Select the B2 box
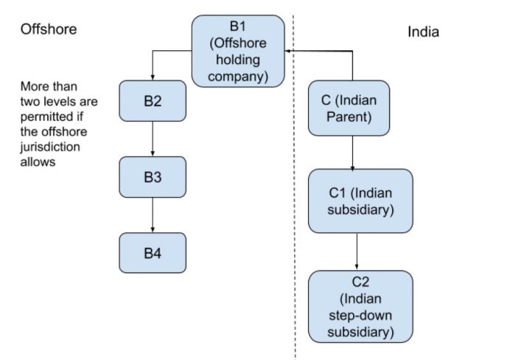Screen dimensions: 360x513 pos(153,103)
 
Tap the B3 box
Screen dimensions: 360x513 pos(153,178)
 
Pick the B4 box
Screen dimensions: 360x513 pos(153,253)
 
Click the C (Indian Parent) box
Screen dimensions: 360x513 pos(349,108)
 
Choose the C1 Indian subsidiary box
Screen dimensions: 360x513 pos(360,201)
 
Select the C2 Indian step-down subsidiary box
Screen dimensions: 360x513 pos(360,306)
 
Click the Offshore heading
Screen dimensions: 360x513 pos(49,30)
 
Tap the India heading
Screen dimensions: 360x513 pos(423,32)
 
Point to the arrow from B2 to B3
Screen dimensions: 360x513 pos(153,139)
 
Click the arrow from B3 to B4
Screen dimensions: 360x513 pos(153,215)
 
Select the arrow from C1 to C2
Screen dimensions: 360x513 pos(357,252)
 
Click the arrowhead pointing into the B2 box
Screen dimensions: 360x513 pos(153,77)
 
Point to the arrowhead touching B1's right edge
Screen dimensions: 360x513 pos(289,51)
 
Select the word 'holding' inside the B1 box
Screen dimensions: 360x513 pos(238,59)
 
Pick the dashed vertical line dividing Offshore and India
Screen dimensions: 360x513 pos(295,221)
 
